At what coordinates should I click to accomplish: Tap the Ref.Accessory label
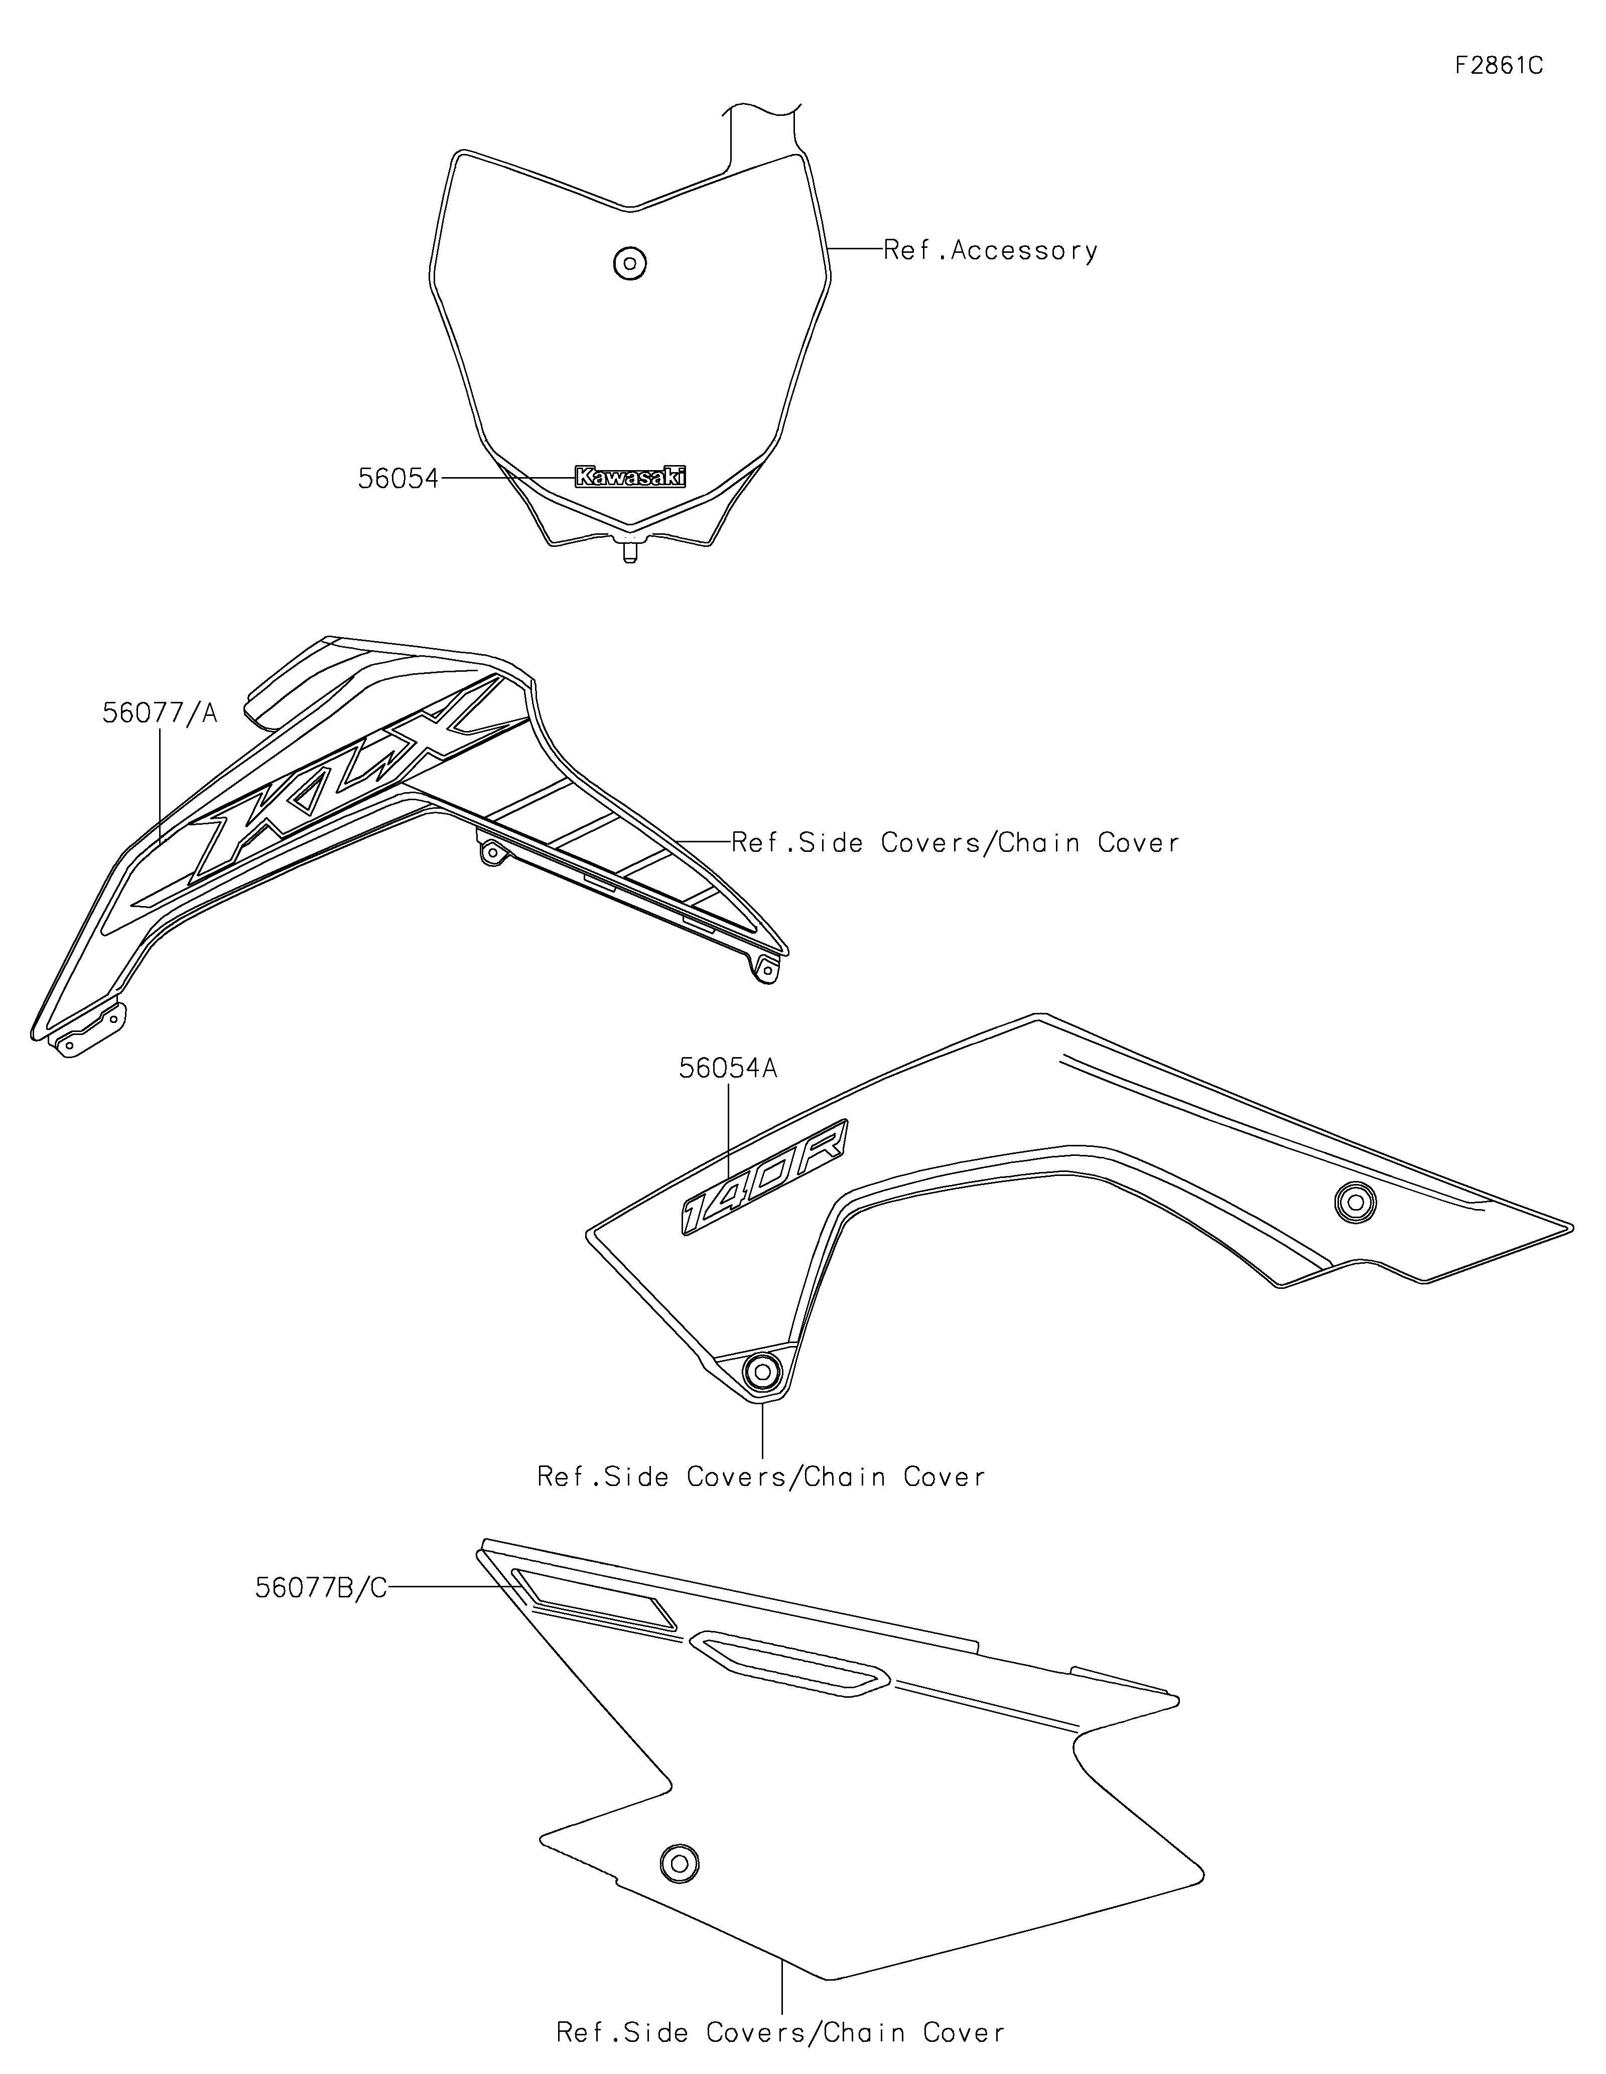(991, 251)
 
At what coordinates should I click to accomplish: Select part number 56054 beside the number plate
(398, 479)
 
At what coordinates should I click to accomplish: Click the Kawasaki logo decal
(630, 477)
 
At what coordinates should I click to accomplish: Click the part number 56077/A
(160, 713)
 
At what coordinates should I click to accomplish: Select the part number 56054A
(728, 1068)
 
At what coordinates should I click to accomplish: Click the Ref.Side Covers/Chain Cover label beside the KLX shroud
(956, 842)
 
